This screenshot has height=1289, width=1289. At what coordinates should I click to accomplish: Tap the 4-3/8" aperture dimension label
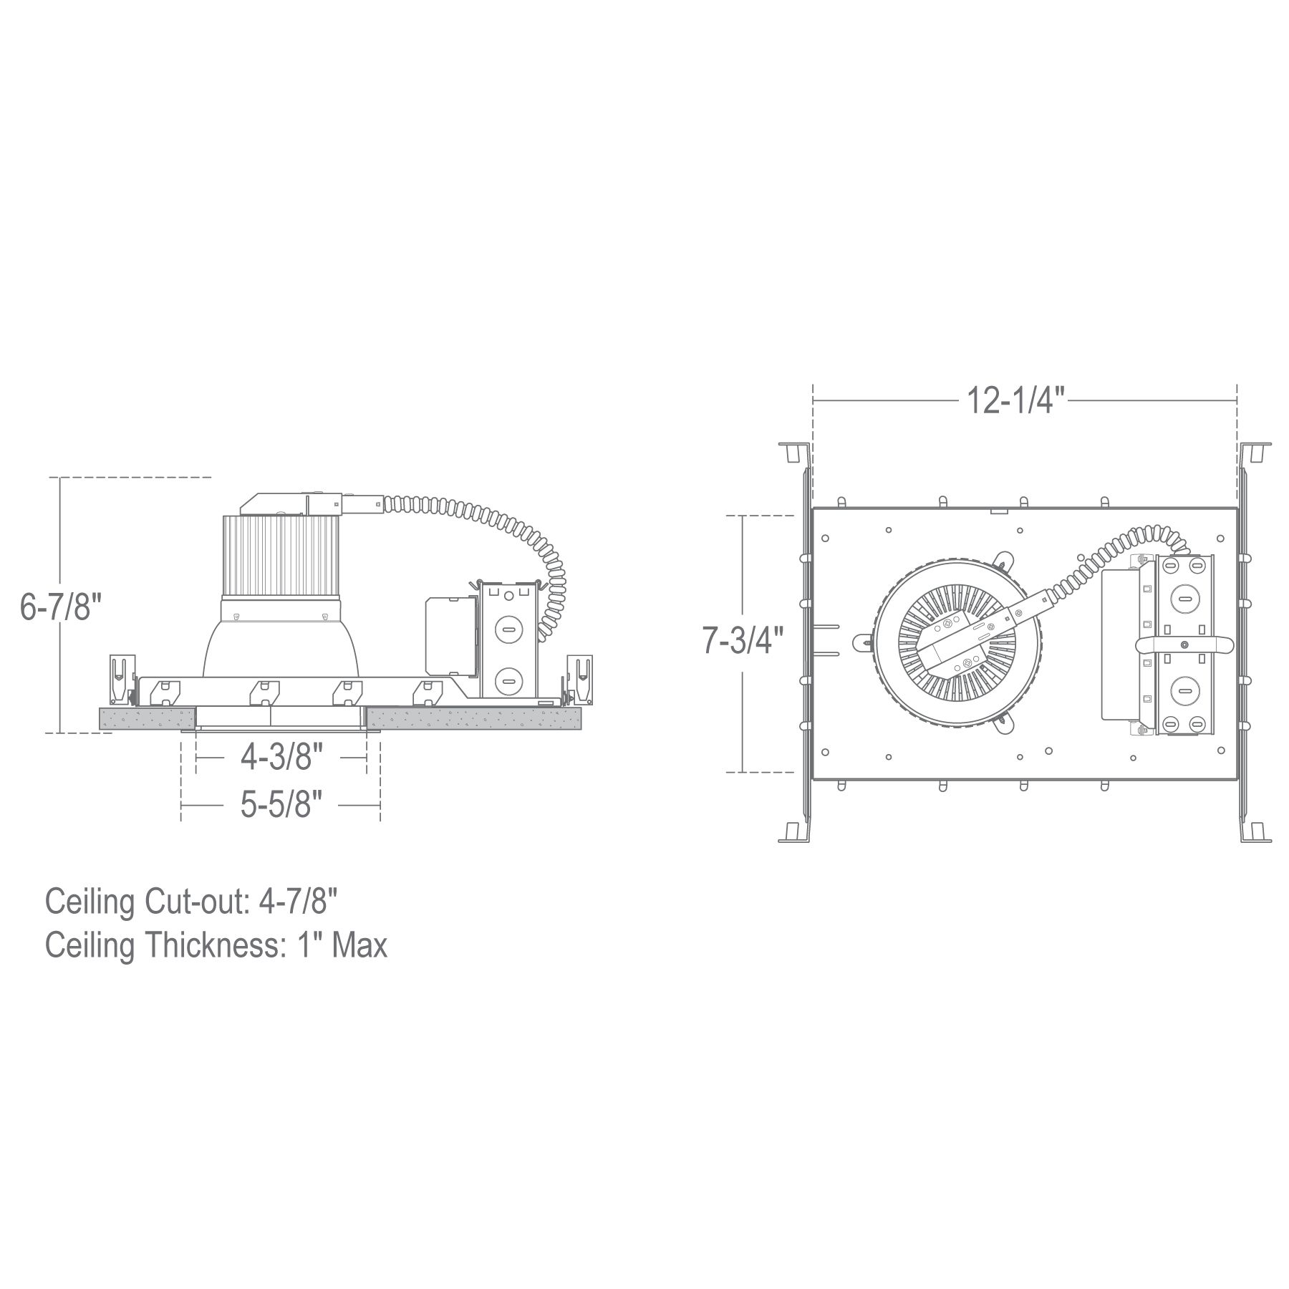[x=276, y=757]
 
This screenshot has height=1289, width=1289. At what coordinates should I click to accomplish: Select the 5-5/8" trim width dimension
[x=276, y=806]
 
